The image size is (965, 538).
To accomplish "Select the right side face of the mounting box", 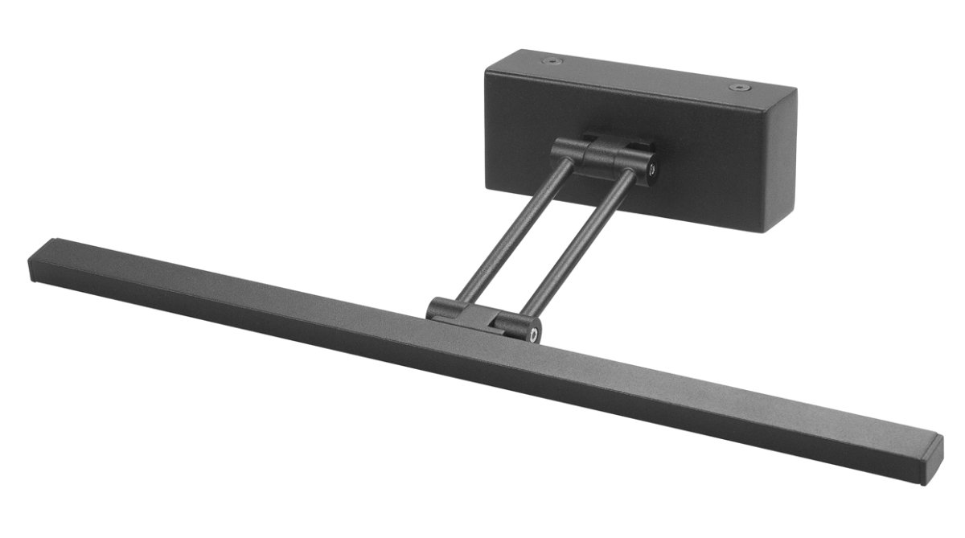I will tap(780, 161).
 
